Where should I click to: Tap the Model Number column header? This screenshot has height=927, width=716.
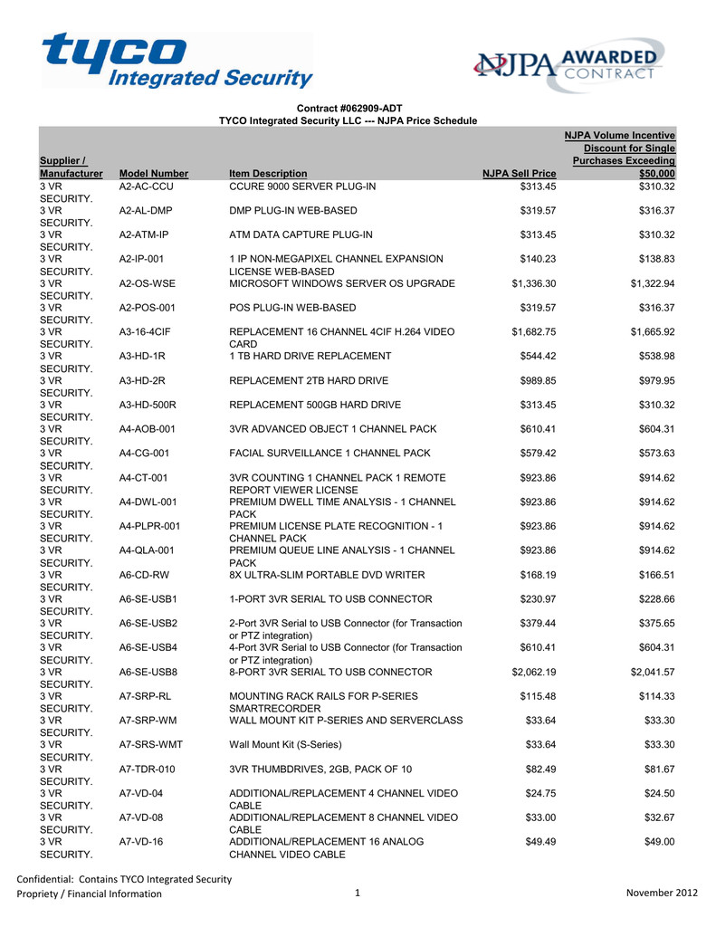click(154, 173)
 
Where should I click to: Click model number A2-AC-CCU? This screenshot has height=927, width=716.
click(151, 186)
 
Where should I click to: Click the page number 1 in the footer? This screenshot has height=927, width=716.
click(358, 894)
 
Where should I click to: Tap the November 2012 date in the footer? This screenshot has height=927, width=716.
click(662, 894)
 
